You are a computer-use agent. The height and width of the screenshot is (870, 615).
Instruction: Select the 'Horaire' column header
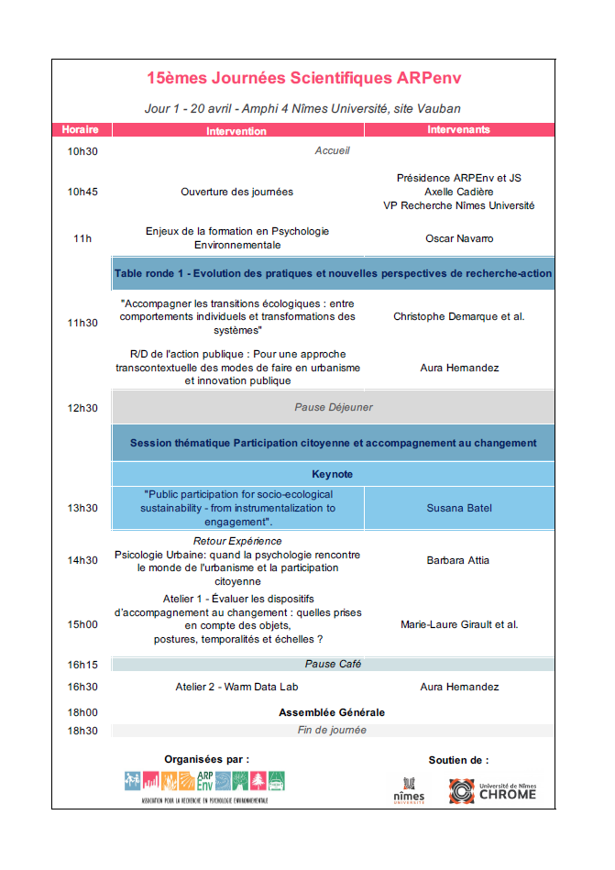pyautogui.click(x=80, y=130)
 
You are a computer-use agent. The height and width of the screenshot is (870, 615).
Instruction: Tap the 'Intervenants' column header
pyautogui.click(x=458, y=130)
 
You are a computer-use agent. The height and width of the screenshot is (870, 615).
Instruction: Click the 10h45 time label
pyautogui.click(x=82, y=192)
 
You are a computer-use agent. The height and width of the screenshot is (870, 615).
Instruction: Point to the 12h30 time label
pyautogui.click(x=82, y=408)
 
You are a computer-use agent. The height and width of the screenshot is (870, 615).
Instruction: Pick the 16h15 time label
pyautogui.click(x=82, y=665)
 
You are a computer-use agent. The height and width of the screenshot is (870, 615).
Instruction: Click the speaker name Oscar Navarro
pyautogui.click(x=459, y=238)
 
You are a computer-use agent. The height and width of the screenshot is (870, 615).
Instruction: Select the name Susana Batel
pyautogui.click(x=459, y=508)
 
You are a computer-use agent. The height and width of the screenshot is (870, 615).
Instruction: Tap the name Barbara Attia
pyautogui.click(x=459, y=560)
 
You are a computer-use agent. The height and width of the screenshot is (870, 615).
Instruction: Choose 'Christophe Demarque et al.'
pyautogui.click(x=459, y=317)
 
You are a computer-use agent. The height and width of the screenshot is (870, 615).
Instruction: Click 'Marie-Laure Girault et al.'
pyautogui.click(x=459, y=625)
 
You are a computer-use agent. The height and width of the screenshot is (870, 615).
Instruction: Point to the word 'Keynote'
pyautogui.click(x=332, y=474)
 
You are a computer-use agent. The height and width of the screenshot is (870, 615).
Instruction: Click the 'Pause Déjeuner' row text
pyautogui.click(x=333, y=407)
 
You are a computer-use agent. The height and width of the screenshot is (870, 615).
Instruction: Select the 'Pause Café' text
pyautogui.click(x=332, y=664)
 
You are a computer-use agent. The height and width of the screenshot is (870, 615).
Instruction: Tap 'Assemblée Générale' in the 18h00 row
pyautogui.click(x=332, y=712)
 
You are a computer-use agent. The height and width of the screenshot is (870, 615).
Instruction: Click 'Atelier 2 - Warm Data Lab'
pyautogui.click(x=237, y=687)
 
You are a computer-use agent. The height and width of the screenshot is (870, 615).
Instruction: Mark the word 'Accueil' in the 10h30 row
pyautogui.click(x=332, y=150)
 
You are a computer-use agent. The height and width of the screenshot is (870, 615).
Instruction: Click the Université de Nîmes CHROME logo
pyautogui.click(x=492, y=790)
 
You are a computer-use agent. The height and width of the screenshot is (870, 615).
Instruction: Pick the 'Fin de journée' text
pyautogui.click(x=332, y=730)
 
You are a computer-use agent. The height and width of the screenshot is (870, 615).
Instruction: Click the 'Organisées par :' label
pyautogui.click(x=206, y=759)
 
